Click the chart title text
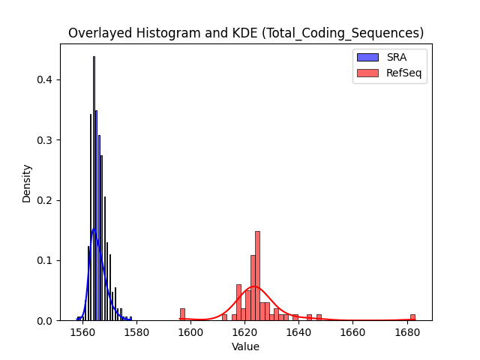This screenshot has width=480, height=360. [x=246, y=33]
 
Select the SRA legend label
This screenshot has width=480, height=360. [x=397, y=57]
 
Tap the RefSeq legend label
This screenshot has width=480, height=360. [x=403, y=73]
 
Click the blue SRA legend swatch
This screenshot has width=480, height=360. [x=367, y=57]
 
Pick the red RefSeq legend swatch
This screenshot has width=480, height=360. [x=367, y=73]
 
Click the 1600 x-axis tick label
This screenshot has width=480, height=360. [x=190, y=332]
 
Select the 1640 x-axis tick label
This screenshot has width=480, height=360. [x=298, y=332]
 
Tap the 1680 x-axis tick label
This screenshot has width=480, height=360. [x=407, y=332]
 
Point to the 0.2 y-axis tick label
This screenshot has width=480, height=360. [x=45, y=200]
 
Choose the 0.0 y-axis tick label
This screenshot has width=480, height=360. [x=45, y=321]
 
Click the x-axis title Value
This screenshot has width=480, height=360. [x=245, y=346]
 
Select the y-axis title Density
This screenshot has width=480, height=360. [x=27, y=184]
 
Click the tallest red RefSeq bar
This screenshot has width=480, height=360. [x=257, y=276]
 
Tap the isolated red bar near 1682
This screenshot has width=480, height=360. [x=412, y=317]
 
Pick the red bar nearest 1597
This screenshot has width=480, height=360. [x=182, y=315]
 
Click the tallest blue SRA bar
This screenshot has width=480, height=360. [x=94, y=188]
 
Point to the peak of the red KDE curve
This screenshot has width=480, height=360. [x=253, y=286]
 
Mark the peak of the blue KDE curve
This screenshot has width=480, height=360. [x=93, y=229]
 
